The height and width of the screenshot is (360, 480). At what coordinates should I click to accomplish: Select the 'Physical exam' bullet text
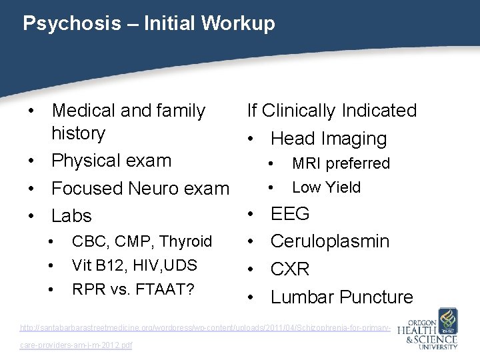[111, 161]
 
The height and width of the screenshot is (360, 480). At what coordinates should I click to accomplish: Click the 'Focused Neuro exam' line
[140, 189]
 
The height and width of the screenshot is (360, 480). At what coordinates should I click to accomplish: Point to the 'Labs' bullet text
[71, 216]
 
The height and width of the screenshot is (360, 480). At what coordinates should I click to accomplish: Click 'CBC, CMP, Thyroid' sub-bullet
[141, 241]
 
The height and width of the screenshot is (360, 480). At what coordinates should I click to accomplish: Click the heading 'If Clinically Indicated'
[331, 110]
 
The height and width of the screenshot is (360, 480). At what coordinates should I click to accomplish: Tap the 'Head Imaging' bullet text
[328, 139]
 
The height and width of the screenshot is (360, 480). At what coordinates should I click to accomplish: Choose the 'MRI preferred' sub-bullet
[341, 163]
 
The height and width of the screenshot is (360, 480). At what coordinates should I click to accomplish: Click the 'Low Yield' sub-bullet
[326, 187]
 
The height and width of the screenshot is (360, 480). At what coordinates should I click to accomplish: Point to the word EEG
[290, 214]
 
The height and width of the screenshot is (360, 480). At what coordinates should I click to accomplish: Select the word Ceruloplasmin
[329, 241]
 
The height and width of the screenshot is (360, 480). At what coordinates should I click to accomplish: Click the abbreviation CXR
[290, 269]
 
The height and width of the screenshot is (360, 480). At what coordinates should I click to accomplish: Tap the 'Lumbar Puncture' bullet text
[341, 297]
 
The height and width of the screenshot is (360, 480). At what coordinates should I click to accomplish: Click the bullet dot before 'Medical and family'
[32, 111]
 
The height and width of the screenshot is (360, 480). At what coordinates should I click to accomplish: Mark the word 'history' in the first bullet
[79, 133]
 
